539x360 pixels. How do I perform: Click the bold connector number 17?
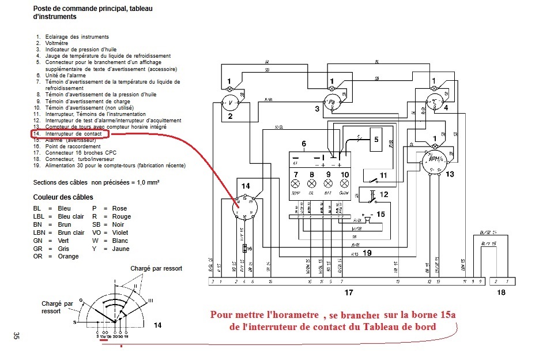tap(348, 293)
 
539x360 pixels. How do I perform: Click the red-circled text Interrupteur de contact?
tap(69, 133)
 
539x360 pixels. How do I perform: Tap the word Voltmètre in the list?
tap(56, 43)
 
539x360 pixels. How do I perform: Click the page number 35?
tap(17, 336)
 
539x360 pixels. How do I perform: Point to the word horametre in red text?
tap(294, 314)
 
